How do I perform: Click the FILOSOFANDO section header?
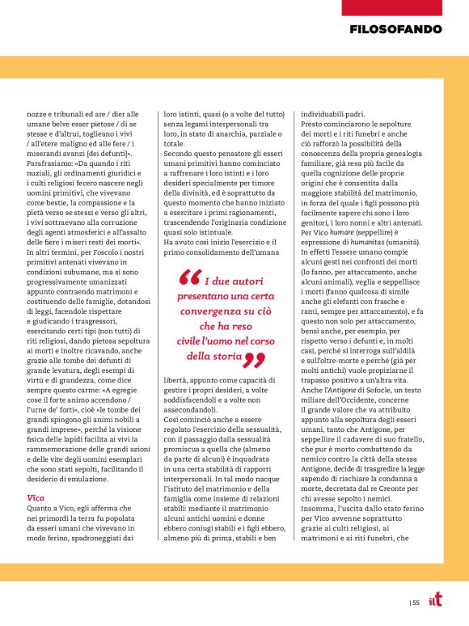tap(396, 29)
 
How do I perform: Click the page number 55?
tap(415, 602)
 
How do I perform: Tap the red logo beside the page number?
tap(434, 600)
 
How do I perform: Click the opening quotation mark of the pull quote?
tap(188, 279)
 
